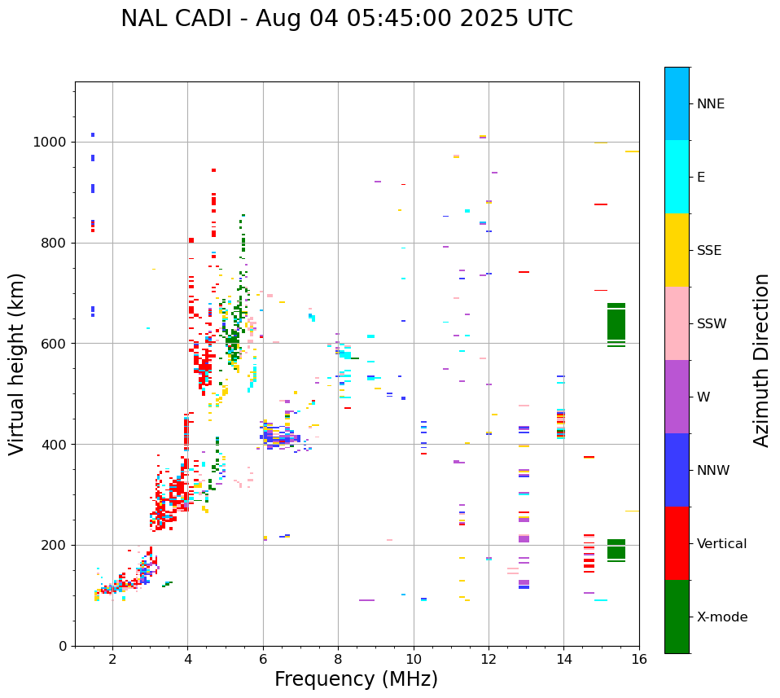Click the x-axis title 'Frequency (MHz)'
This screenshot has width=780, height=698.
[x=356, y=679]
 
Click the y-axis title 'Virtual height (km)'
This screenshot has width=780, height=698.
[x=17, y=364]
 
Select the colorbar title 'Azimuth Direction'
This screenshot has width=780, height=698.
[x=761, y=360]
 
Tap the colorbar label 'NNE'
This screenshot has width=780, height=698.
[x=710, y=104]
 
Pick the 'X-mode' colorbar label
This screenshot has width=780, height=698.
[x=721, y=617]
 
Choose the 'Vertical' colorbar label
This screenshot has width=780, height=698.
[x=721, y=544]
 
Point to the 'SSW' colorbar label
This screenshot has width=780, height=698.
[x=712, y=324]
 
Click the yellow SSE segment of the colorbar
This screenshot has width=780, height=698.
[x=677, y=250]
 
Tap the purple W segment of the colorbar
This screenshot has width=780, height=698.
[x=677, y=397]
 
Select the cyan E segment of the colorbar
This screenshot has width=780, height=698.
[x=677, y=177]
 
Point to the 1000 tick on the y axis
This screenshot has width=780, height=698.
[x=55, y=143]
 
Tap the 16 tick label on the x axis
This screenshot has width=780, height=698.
[x=639, y=659]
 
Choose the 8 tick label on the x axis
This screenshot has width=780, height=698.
[x=338, y=659]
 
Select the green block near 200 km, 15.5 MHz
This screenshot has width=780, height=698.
[x=616, y=549]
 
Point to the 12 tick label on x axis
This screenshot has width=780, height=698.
[x=489, y=659]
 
